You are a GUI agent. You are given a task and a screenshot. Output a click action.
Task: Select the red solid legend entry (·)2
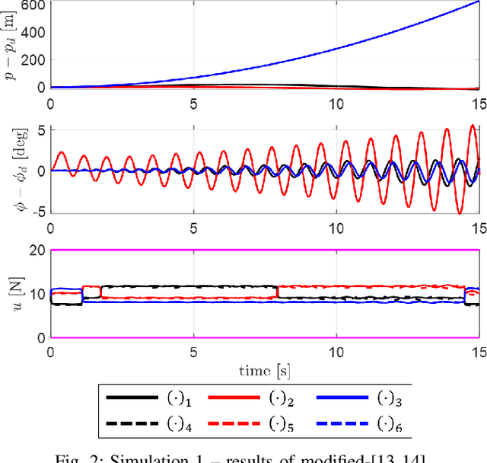[x=262, y=397]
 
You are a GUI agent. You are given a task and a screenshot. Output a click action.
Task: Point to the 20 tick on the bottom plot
[x=35, y=250]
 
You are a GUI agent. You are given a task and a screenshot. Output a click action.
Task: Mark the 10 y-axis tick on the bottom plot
[x=35, y=294]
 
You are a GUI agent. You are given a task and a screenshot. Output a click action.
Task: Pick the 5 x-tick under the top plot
[x=194, y=103]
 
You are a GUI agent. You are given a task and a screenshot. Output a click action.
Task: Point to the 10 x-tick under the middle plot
[x=336, y=228]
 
